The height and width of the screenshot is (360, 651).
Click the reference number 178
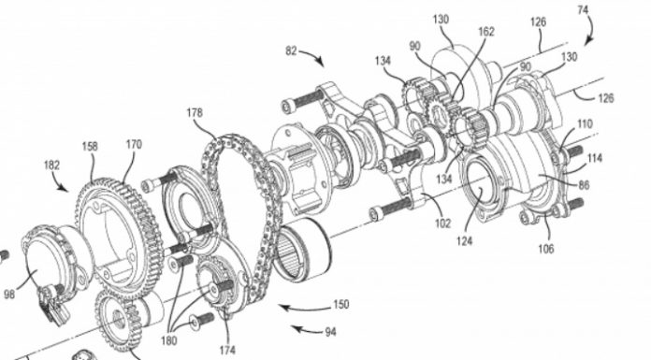tap(195, 112)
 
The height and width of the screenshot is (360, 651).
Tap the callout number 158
tap(90, 146)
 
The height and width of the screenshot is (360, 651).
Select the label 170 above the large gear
tap(134, 145)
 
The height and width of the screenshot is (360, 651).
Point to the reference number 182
tap(51, 166)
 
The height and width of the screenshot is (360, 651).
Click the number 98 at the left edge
tap(9, 295)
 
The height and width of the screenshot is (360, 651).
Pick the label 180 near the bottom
tap(168, 340)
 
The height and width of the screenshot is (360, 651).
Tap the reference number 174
tap(227, 350)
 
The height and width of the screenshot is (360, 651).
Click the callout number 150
tap(340, 304)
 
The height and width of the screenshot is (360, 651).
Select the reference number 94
tap(330, 332)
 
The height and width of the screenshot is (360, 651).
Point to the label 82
tap(291, 51)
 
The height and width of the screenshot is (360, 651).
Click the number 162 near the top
tap(486, 32)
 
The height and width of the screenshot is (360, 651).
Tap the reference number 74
tap(583, 9)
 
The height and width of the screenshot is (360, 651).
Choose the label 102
tap(442, 223)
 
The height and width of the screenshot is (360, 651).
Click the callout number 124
tap(464, 240)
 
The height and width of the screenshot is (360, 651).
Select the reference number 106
tap(546, 249)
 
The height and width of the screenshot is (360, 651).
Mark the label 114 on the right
tap(595, 158)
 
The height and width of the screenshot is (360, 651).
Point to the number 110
tap(585, 123)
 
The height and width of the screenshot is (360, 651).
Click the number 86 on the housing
tap(584, 185)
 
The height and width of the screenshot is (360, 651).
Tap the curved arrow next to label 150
tap(304, 309)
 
